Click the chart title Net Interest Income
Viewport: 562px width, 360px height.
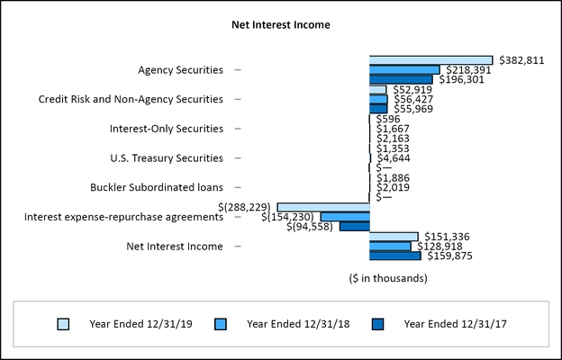coord(281,24)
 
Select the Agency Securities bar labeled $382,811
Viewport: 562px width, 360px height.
coord(431,60)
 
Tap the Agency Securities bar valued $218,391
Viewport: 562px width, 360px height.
coord(404,69)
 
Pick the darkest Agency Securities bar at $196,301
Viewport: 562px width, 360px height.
coord(401,79)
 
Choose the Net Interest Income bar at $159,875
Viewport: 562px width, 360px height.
coord(394,256)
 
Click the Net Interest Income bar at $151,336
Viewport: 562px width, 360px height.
coord(394,237)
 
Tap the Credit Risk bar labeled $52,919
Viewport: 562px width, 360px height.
coord(377,89)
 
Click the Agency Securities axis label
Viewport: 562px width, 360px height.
coord(180,69)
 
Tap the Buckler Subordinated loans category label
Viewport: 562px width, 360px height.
coord(157,187)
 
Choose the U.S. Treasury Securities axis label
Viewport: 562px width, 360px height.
coord(167,157)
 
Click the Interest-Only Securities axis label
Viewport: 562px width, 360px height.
coord(166,129)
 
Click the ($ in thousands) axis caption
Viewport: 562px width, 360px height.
coord(388,278)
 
